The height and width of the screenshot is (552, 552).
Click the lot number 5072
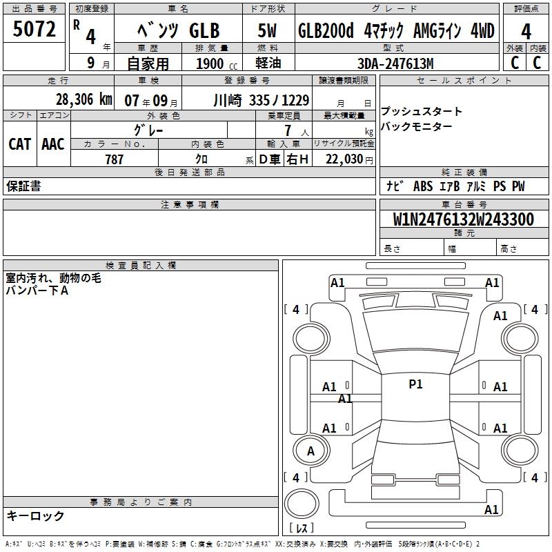[34, 29]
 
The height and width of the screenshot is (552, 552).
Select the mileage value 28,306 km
[83, 99]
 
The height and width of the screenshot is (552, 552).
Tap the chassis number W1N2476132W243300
[463, 219]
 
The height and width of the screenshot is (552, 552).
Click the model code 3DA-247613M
[395, 63]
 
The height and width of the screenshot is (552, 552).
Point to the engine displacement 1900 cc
[217, 63]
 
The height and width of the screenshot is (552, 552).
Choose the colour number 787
[114, 159]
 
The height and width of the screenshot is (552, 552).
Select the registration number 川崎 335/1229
[262, 101]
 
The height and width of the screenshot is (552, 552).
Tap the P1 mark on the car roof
[415, 384]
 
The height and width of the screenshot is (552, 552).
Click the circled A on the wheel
[310, 451]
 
